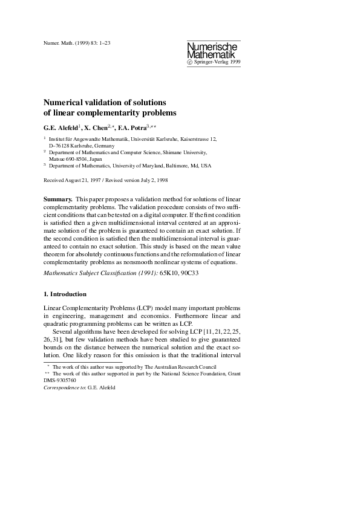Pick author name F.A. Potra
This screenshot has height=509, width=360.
coord(147,128)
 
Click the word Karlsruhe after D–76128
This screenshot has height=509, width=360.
coord(83,146)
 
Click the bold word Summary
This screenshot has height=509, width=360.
coord(58,199)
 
